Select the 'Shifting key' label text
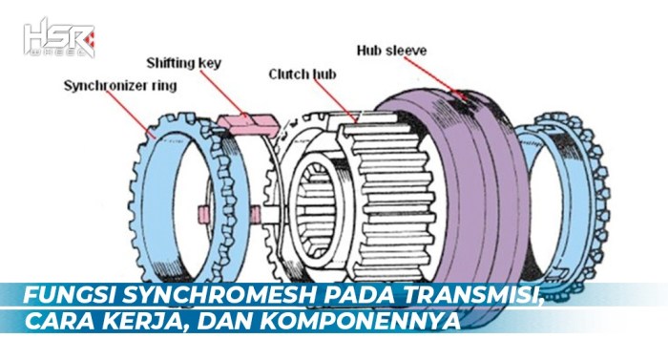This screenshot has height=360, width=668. (x=184, y=64)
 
